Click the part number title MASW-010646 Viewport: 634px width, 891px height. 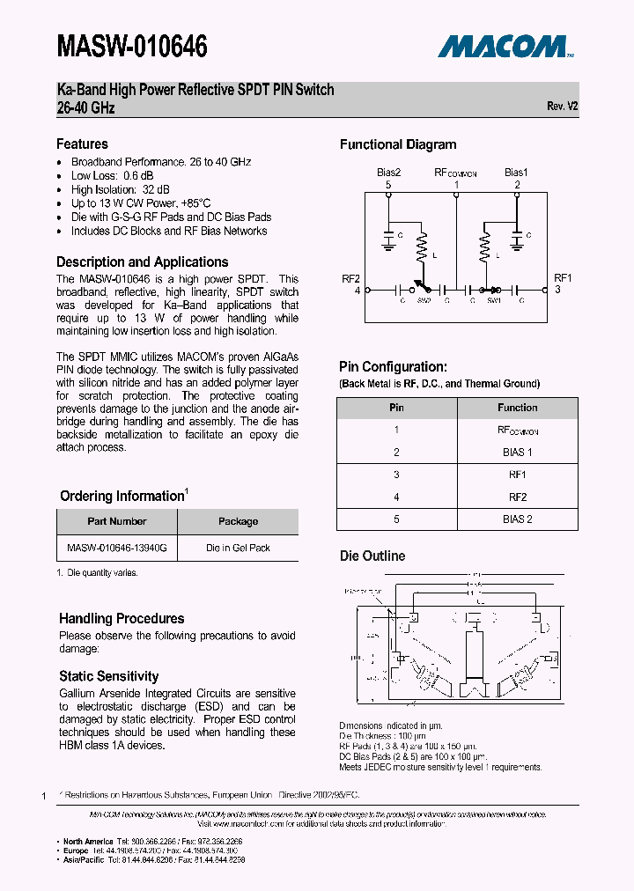(x=132, y=46)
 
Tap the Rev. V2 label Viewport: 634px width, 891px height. (x=562, y=106)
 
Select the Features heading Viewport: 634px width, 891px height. (x=82, y=144)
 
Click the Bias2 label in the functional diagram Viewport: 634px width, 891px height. (x=389, y=173)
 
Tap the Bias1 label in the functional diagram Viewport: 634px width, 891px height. (x=517, y=173)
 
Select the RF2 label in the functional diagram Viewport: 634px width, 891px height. (x=351, y=278)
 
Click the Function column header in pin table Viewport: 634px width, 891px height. (x=517, y=409)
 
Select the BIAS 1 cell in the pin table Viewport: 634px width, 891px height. (x=517, y=453)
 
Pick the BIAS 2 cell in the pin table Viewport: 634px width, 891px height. (x=517, y=519)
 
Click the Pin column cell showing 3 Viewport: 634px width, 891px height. (x=397, y=475)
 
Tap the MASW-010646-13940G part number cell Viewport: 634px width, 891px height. (x=117, y=548)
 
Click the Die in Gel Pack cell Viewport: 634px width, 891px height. (x=238, y=548)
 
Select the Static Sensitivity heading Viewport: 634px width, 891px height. (x=108, y=676)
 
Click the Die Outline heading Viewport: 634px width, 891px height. (x=372, y=556)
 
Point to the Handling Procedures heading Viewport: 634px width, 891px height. (x=122, y=619)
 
